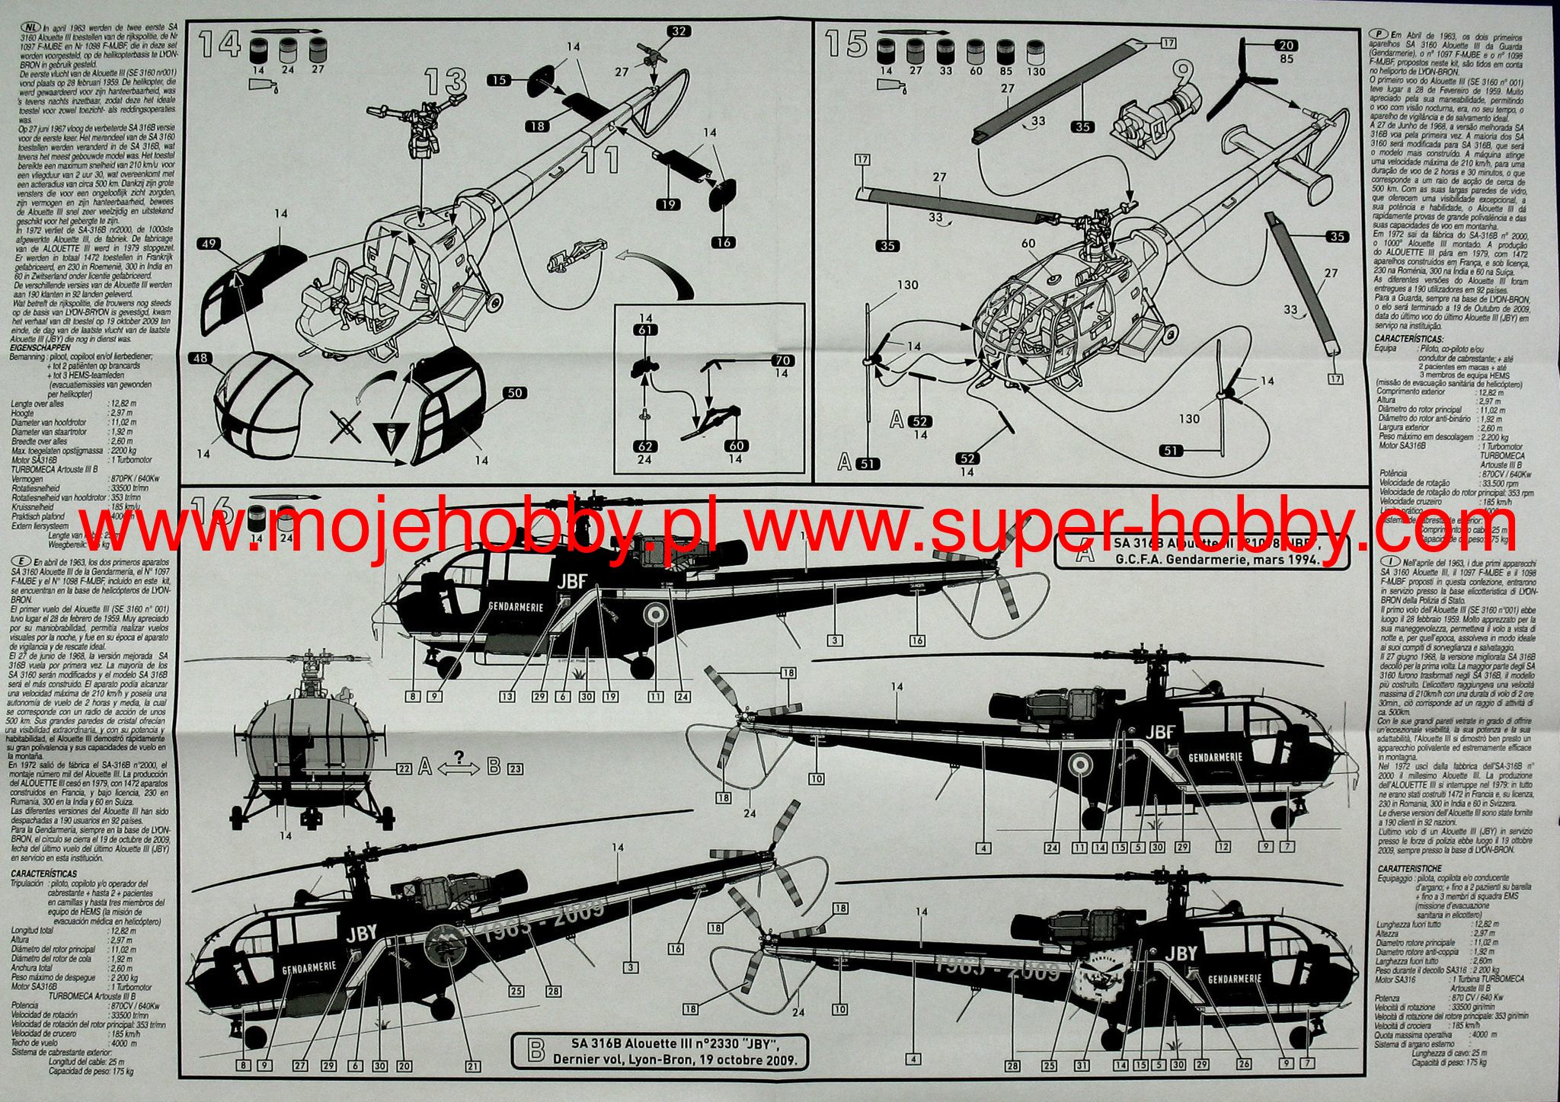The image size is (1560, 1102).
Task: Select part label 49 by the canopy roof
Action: pyautogui.click(x=209, y=244)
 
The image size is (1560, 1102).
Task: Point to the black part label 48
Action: pyautogui.click(x=200, y=358)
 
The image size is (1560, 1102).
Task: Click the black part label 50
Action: pyautogui.click(x=515, y=392)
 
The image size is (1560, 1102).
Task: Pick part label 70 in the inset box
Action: pyautogui.click(x=782, y=360)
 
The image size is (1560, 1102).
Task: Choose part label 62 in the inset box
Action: pyautogui.click(x=646, y=446)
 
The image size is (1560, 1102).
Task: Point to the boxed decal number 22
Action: pyautogui.click(x=404, y=769)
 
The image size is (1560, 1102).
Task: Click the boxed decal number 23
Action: pyautogui.click(x=515, y=769)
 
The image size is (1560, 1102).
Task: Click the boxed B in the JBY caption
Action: pyautogui.click(x=536, y=1049)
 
